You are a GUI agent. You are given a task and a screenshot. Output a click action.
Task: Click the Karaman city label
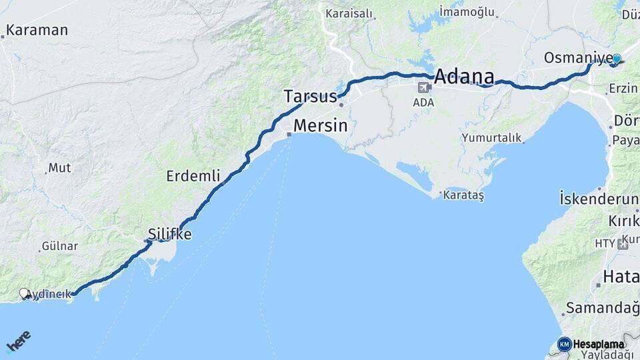pos(37,30)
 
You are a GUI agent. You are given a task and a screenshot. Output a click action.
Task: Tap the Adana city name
pos(465,77)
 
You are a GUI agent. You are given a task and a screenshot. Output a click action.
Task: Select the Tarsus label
pos(310,97)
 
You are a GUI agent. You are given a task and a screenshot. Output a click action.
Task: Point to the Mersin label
pos(321,125)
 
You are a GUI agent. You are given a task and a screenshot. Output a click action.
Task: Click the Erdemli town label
pos(193,176)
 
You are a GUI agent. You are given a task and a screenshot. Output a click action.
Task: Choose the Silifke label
pos(169,234)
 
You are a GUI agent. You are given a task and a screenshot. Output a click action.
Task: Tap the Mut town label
pos(60,168)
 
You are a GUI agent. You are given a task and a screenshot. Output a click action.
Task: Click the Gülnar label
pos(60,246)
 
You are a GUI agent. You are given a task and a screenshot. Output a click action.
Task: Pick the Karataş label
pos(464,195)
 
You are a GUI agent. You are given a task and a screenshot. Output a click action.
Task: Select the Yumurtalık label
pos(492,137)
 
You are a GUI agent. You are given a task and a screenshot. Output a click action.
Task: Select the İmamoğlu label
pos(467,12)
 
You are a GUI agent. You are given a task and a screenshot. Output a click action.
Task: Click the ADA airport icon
pos(423,87)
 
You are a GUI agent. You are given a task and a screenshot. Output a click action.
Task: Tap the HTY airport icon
pos(623,243)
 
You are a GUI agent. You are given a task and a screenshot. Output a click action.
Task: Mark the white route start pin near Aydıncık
pos(25,293)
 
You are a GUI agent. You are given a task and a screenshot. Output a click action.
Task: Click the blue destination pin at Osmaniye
pos(617,59)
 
